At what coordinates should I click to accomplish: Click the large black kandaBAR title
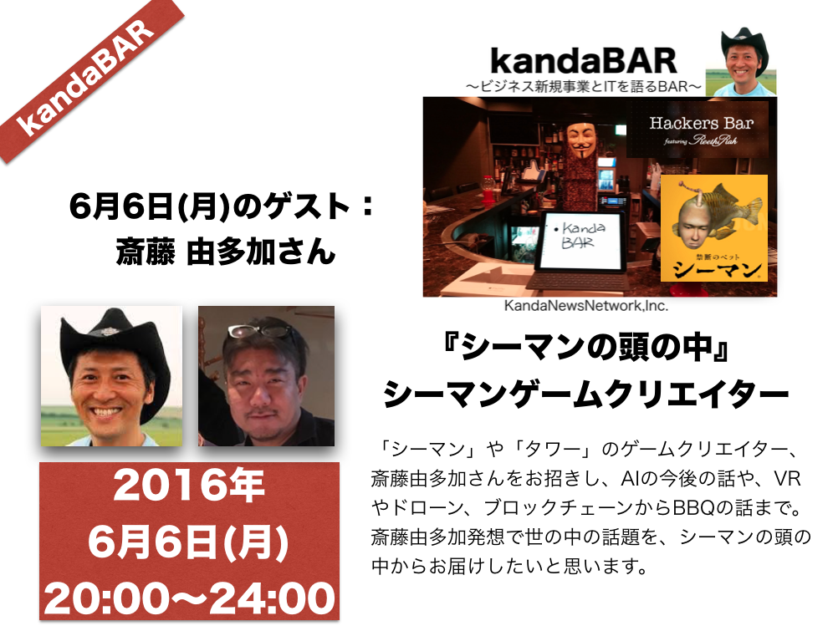584,61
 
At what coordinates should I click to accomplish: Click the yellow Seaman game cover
714,228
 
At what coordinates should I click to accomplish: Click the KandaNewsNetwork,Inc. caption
586,306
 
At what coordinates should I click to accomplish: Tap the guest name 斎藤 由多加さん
226,251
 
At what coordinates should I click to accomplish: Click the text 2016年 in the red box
189,486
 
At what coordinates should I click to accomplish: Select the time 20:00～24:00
190,598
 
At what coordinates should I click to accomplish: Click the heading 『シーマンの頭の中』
585,349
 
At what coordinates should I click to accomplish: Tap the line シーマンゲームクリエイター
585,394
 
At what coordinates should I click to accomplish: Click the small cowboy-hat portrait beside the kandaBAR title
741,62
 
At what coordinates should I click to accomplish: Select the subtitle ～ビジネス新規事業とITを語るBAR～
584,87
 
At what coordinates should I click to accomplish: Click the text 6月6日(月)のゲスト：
222,206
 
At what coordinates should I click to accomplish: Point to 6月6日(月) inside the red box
188,542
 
